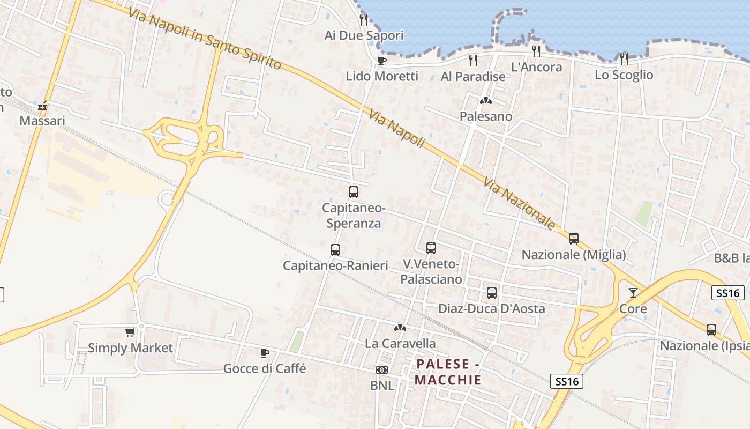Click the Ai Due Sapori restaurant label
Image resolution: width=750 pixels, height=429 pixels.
[x=364, y=35]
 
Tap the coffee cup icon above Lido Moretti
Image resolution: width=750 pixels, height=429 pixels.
[x=381, y=61]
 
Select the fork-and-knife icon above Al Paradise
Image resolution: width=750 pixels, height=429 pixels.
[x=472, y=60]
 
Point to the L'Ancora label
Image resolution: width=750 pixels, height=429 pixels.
[x=536, y=67]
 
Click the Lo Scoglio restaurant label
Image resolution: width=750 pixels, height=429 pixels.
[x=624, y=75]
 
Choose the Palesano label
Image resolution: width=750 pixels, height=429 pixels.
[x=485, y=116]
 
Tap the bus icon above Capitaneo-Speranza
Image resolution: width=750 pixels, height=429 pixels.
[x=353, y=191]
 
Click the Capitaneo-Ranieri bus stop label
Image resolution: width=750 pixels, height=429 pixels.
[x=335, y=265]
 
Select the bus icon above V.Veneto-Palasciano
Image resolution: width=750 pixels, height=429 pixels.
[x=431, y=248]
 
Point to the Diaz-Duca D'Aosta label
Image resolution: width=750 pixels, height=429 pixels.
[x=491, y=308]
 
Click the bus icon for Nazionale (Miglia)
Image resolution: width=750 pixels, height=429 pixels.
[x=573, y=238]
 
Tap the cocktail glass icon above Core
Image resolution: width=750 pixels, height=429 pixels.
[x=633, y=293]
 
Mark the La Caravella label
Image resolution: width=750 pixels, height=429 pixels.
[x=400, y=343]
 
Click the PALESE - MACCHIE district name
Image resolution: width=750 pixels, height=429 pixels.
[x=448, y=372]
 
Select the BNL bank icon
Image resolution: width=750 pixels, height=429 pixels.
[x=382, y=369]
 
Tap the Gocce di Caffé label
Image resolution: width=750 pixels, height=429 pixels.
[x=265, y=368]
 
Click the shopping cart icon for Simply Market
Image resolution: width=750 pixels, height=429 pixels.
[x=130, y=332]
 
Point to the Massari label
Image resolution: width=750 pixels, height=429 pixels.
[x=42, y=121]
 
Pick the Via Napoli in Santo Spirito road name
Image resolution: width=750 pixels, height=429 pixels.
[x=205, y=38]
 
